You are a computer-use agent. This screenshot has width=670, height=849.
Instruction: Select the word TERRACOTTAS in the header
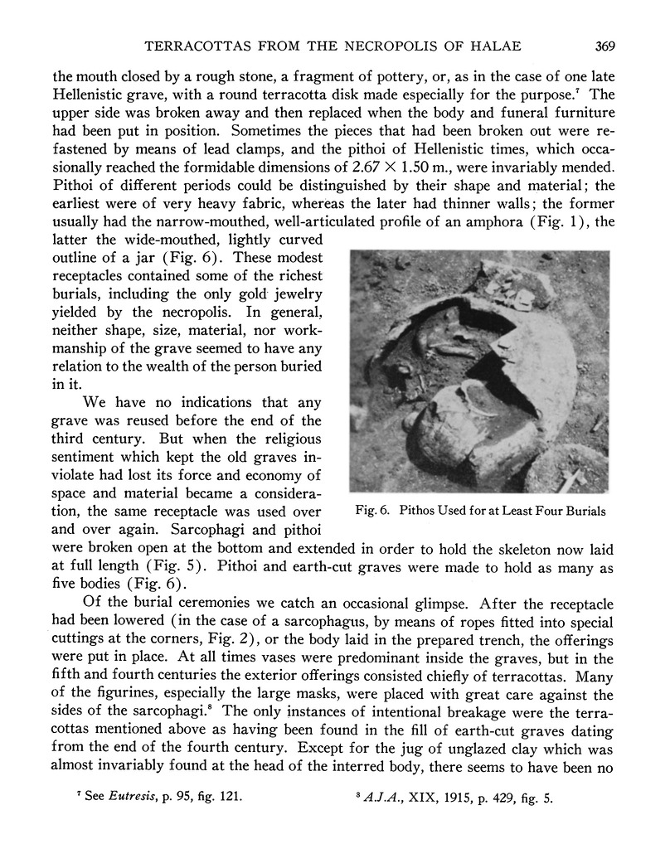point(195,46)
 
